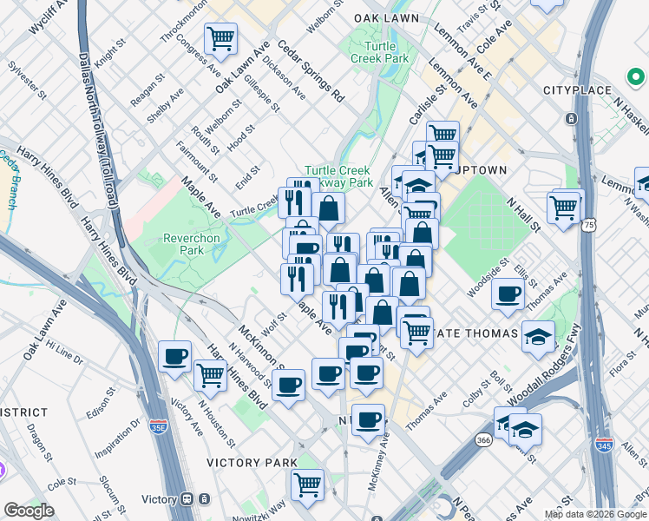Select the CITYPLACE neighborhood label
pos(576,90)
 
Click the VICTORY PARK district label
pos(252,463)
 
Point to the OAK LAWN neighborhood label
pos(388,18)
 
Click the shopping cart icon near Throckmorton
pos(221,38)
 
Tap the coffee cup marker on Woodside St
pos(508,293)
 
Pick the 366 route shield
pos(483,440)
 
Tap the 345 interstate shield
pos(604,445)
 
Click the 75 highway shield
pos(590,225)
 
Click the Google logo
pos(29,511)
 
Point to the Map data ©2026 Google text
pos(595,514)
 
